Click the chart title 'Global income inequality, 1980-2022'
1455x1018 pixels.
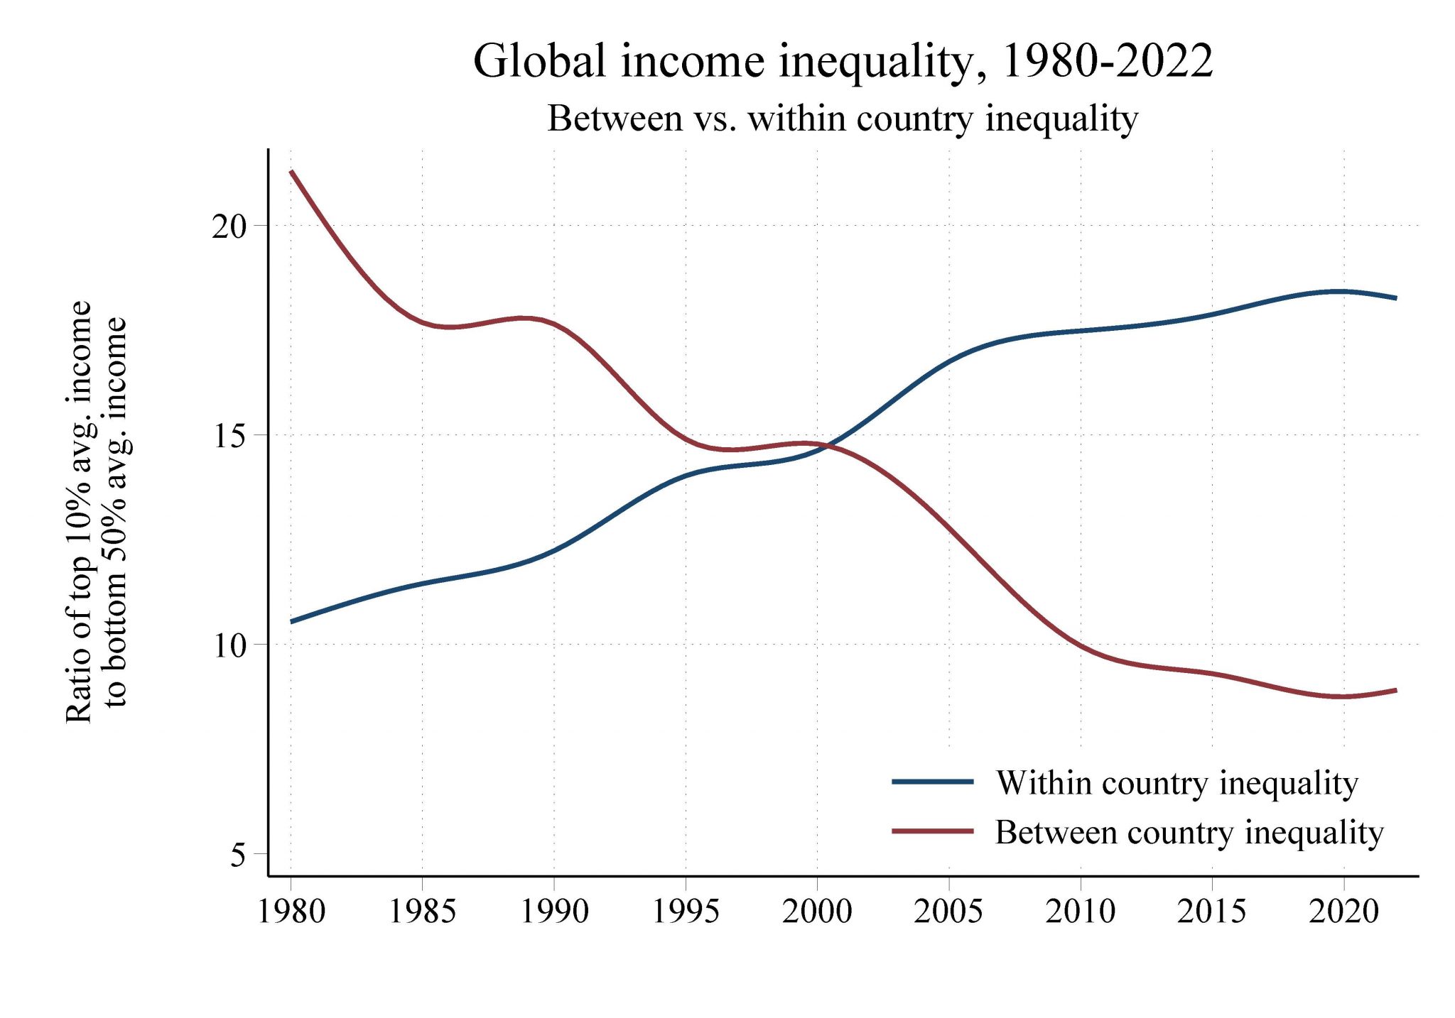tap(843, 62)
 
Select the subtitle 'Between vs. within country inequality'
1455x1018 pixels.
tap(843, 119)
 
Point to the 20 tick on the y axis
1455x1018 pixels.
tap(229, 226)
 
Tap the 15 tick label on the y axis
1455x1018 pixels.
tap(229, 436)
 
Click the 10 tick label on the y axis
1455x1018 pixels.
tap(229, 645)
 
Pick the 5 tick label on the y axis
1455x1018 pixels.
tap(238, 855)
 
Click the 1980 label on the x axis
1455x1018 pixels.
tap(291, 912)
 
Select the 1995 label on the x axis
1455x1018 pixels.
tap(686, 912)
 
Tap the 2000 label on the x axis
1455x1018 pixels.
tap(817, 912)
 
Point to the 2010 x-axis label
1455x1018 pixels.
tap(1081, 912)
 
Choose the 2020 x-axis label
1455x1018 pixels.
tap(1343, 912)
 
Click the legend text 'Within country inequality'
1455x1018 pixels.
tap(1177, 783)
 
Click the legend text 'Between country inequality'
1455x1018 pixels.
tap(1189, 832)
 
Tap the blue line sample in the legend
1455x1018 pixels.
tap(932, 782)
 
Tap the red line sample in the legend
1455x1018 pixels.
tap(932, 831)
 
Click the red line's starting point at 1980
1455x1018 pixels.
tap(292, 172)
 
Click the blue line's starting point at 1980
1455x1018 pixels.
tap(292, 621)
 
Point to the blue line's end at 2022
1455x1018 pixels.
tap(1396, 298)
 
